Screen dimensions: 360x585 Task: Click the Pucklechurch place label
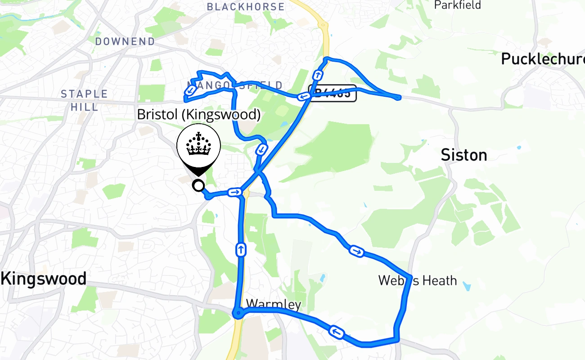coord(542,59)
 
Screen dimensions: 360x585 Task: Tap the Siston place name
coord(463,155)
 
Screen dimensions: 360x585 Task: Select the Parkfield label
coord(457,5)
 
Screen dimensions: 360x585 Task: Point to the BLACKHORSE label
coord(246,7)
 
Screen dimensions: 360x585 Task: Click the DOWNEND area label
coord(125,41)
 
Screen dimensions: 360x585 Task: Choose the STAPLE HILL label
coord(85,100)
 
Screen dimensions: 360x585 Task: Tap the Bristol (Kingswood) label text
coord(198,115)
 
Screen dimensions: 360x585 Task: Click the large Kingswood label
coord(44,279)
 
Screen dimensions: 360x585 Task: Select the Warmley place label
coord(274,305)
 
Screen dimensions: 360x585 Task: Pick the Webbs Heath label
coord(418,281)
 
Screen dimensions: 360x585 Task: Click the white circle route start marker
coord(198,185)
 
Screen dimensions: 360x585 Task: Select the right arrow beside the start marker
coord(234,193)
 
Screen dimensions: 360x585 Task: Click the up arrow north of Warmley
coord(241,249)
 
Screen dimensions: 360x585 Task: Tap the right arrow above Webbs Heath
coord(356,251)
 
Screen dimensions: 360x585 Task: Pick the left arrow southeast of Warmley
coord(337,333)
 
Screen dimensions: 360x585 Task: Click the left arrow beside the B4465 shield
coord(304,96)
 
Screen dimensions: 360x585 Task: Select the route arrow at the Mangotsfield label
coord(191,90)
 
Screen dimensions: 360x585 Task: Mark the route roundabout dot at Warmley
coord(238,312)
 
